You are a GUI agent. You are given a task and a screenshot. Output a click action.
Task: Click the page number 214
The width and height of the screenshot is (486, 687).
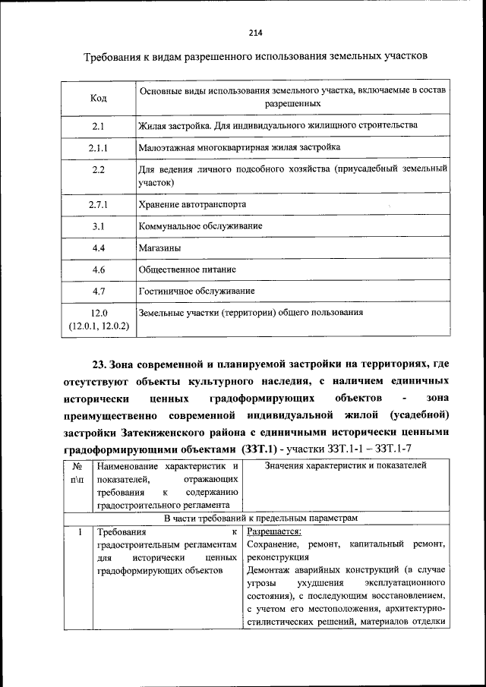254,32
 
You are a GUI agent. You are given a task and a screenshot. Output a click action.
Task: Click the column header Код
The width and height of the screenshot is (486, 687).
98,99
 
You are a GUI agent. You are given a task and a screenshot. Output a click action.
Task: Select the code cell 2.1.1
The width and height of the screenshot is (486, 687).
99,147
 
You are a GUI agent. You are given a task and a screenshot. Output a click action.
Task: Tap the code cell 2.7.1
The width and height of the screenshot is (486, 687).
99,205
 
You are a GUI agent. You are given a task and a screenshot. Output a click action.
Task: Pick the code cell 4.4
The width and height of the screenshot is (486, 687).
99,247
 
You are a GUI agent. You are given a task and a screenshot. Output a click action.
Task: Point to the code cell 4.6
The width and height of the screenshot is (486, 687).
99,269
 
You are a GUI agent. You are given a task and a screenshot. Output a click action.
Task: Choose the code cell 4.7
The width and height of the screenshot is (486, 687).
99,291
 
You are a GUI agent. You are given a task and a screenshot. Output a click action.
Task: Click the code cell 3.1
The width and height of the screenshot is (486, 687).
99,226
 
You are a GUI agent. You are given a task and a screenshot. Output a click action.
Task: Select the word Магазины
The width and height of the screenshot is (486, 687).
159,247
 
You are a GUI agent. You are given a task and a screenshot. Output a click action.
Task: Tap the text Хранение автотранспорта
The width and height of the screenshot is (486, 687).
191,205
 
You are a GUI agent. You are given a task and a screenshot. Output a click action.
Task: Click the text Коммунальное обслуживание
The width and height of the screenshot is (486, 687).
200,226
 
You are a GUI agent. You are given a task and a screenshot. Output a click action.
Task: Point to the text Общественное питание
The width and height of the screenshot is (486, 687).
187,269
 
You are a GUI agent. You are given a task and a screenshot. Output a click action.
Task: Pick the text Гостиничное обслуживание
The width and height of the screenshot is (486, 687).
196,291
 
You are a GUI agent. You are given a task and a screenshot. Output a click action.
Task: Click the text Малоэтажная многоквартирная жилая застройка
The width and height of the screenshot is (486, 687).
238,147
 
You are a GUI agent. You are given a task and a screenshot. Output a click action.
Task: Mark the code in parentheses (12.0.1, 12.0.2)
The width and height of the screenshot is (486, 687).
99,326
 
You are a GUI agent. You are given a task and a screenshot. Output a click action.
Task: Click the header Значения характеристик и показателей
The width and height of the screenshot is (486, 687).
345,465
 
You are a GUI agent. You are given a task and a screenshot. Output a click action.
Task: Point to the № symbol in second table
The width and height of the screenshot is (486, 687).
77,465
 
